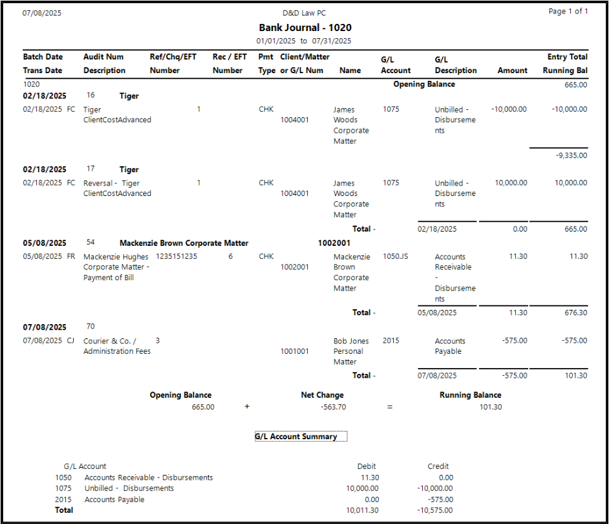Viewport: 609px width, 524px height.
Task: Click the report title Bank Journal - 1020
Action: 305,28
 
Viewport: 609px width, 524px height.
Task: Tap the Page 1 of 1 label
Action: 568,11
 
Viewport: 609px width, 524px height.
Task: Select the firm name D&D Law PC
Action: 304,13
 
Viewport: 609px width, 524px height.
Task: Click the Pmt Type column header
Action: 266,63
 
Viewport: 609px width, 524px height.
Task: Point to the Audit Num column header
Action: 103,57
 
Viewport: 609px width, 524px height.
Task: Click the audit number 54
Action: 91,242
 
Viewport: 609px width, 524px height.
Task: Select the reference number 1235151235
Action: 176,256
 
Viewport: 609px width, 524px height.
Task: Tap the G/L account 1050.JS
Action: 396,256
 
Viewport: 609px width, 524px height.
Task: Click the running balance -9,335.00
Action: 572,155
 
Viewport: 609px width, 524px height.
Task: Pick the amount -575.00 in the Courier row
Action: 515,340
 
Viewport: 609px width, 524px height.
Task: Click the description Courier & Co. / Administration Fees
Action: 117,346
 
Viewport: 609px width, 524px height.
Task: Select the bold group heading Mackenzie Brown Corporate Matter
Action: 184,243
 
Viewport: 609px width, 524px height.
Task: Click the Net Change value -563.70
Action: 333,407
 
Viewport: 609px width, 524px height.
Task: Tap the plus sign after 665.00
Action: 247,407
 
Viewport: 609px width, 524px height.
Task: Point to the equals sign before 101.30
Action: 390,407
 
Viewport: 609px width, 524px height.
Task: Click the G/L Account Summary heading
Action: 296,437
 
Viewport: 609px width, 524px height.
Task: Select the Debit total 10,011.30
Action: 362,510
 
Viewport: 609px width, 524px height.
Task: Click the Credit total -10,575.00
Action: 435,510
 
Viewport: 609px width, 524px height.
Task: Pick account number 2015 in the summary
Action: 63,499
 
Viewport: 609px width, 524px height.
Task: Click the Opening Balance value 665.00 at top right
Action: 576,85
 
